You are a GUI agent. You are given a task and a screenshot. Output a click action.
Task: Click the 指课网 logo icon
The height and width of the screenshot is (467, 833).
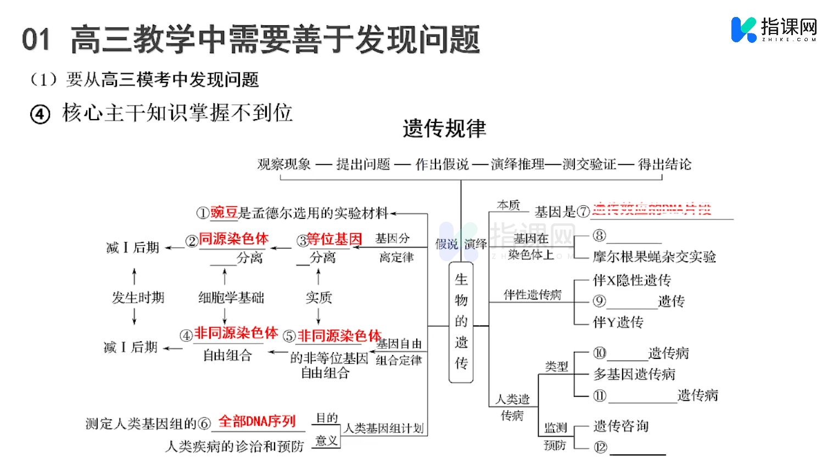744,29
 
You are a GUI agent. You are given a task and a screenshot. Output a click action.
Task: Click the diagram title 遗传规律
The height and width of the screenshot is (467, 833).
444,128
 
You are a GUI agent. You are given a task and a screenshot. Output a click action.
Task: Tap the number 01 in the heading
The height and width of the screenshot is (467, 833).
36,40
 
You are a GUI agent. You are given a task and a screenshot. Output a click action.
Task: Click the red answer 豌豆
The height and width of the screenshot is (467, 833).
224,212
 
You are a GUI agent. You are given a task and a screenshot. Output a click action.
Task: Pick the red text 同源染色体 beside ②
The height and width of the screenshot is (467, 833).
233,239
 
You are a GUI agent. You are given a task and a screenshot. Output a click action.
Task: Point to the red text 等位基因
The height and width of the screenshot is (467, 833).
334,239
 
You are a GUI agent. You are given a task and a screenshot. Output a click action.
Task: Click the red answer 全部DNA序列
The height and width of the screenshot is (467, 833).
257,421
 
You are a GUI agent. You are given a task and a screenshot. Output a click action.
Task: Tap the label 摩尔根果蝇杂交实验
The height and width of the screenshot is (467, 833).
654,257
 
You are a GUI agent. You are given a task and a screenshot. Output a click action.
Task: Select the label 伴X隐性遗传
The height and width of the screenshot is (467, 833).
631,280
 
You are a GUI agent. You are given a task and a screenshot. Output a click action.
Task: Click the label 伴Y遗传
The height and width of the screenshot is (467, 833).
618,322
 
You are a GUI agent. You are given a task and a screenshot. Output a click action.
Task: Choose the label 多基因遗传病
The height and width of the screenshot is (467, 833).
634,374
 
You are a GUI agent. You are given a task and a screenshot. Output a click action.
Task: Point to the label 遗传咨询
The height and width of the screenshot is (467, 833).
621,426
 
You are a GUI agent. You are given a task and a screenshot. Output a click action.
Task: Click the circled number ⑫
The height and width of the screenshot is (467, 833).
600,447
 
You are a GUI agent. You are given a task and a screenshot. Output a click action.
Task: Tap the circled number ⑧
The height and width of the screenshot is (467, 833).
599,236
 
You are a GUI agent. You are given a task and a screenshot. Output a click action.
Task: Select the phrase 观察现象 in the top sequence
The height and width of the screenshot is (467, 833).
284,164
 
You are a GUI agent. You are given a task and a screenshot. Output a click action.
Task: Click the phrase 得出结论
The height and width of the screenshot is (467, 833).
664,164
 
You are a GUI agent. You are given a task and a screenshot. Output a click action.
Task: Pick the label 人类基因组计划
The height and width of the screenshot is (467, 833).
384,428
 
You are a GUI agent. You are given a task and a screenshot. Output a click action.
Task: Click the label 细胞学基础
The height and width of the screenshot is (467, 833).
231,297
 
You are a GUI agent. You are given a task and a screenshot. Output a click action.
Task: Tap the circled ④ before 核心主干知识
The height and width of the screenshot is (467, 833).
40,114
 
